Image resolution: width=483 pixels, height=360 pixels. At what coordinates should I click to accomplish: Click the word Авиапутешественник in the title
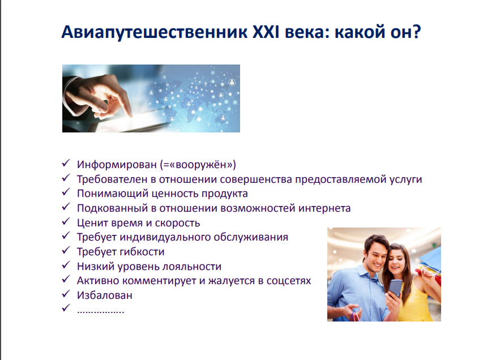point(155,32)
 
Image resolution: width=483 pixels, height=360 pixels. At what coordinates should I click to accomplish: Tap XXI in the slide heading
point(266,32)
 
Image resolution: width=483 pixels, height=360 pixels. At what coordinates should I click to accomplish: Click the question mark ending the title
point(416,32)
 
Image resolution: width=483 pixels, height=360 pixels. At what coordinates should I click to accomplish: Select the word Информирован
point(117,165)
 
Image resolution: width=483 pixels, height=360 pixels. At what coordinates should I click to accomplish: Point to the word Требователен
point(112,179)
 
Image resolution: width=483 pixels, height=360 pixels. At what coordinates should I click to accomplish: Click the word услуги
point(405,179)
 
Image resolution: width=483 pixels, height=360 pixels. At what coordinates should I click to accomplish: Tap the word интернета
point(324,208)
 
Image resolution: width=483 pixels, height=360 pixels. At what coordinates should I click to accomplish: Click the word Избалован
point(104,295)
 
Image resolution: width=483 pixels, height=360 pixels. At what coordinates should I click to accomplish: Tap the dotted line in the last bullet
point(100,312)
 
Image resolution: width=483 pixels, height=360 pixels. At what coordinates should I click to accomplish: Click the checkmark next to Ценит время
point(66,221)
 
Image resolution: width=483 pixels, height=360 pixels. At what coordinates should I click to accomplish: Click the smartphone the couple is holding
point(395,288)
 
